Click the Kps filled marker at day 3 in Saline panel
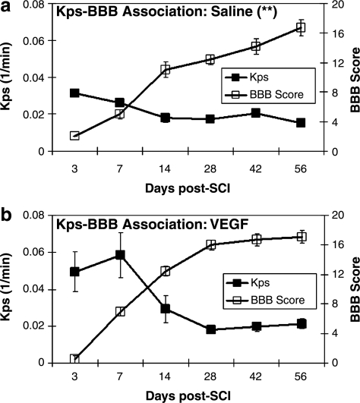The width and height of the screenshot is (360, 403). click(74, 93)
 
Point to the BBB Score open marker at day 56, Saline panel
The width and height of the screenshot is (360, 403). click(301, 27)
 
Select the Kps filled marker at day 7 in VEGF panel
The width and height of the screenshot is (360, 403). click(120, 255)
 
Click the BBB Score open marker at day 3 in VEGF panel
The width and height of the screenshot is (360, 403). click(74, 359)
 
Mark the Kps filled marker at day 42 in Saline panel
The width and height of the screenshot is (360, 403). click(256, 113)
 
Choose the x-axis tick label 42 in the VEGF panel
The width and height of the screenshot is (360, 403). click(256, 377)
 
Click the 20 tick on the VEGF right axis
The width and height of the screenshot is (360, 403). click(327, 216)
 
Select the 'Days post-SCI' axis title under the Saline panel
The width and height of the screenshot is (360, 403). click(188, 186)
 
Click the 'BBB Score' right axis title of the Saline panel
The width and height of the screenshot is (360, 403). click(352, 78)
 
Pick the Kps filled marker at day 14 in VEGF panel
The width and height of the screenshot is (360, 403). click(165, 309)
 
